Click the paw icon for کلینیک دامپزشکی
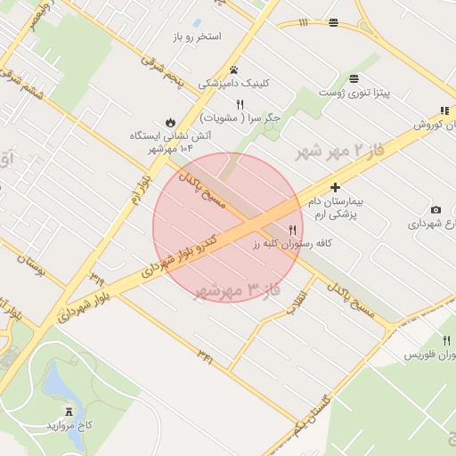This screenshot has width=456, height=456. pos(233,69)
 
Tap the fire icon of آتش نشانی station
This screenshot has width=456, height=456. pos(169,122)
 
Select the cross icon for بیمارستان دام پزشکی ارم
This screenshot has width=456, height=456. pos(335,187)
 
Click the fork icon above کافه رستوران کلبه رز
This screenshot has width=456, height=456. pos(292,230)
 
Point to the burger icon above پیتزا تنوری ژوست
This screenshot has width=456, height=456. pos(354,77)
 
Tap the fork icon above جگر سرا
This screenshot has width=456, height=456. pos(240,104)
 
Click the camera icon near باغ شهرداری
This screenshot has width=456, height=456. pos(436,210)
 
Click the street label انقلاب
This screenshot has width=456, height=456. pos(297,303)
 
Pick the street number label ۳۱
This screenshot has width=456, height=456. pos(206,357)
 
